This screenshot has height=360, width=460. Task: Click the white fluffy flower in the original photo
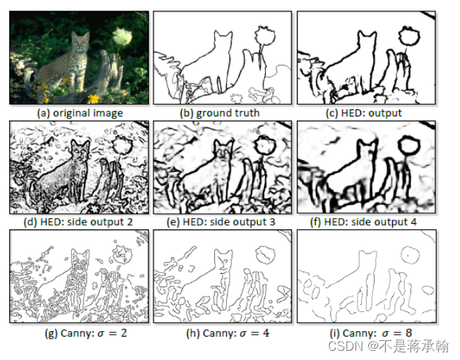[122, 36]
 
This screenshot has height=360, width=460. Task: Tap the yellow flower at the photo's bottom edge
[94, 99]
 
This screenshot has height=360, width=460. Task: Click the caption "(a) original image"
[80, 113]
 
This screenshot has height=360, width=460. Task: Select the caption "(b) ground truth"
[220, 113]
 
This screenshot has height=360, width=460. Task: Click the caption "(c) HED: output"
[364, 113]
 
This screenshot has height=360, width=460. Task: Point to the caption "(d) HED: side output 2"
[78, 222]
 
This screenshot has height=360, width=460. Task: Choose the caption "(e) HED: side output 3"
[221, 222]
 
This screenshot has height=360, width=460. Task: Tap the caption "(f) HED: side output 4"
[363, 222]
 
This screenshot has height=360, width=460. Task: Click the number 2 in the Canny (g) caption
[124, 333]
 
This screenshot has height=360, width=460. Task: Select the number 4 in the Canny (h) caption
[266, 333]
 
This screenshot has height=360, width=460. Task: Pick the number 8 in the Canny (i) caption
[408, 332]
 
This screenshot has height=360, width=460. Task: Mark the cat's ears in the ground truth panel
[223, 33]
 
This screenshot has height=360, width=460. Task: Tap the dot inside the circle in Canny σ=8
[408, 256]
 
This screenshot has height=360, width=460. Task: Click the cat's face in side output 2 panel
[81, 152]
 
